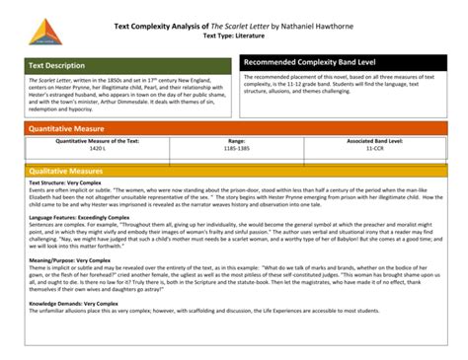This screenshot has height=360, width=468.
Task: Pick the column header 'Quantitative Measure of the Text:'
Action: (x=96, y=141)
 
